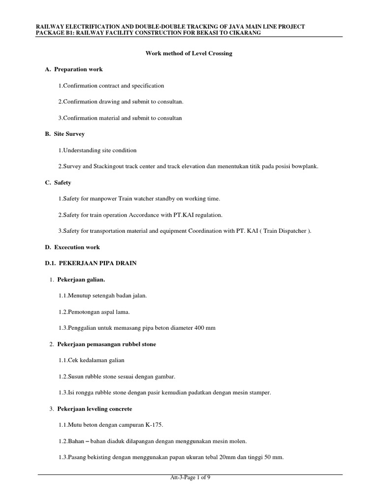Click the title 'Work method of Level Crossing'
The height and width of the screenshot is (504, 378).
pyautogui.click(x=189, y=54)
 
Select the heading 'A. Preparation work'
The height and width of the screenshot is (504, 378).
pyautogui.click(x=74, y=69)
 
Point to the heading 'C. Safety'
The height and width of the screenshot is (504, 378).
pyautogui.click(x=58, y=183)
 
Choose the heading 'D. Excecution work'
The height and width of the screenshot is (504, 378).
pyautogui.click(x=72, y=247)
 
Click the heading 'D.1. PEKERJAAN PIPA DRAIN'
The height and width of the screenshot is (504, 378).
pyautogui.click(x=91, y=263)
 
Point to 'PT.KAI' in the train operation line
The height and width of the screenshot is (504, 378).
pyautogui.click(x=180, y=215)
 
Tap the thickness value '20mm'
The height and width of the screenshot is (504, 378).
pyautogui.click(x=222, y=457)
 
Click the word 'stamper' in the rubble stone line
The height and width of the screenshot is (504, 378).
pyautogui.click(x=260, y=392)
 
